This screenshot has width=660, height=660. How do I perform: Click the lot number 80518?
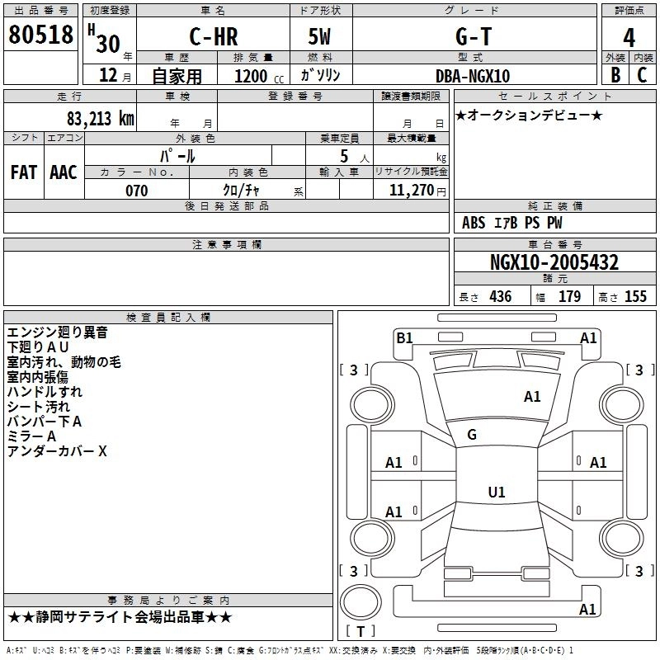click(40, 36)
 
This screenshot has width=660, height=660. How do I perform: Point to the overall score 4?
click(629, 38)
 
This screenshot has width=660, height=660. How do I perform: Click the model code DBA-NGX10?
click(473, 76)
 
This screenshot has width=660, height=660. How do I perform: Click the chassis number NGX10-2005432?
click(554, 262)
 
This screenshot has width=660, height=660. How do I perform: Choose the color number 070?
click(137, 191)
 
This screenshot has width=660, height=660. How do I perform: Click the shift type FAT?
click(24, 172)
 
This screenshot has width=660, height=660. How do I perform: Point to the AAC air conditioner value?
click(64, 172)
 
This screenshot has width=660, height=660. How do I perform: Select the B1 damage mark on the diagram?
click(404, 337)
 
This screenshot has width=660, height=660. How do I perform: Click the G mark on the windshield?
click(472, 435)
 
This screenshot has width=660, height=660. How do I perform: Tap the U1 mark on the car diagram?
click(496, 493)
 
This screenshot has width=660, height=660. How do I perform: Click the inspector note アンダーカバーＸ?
click(57, 451)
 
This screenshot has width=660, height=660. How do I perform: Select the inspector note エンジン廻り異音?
click(57, 332)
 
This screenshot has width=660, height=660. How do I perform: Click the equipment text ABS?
click(474, 222)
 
